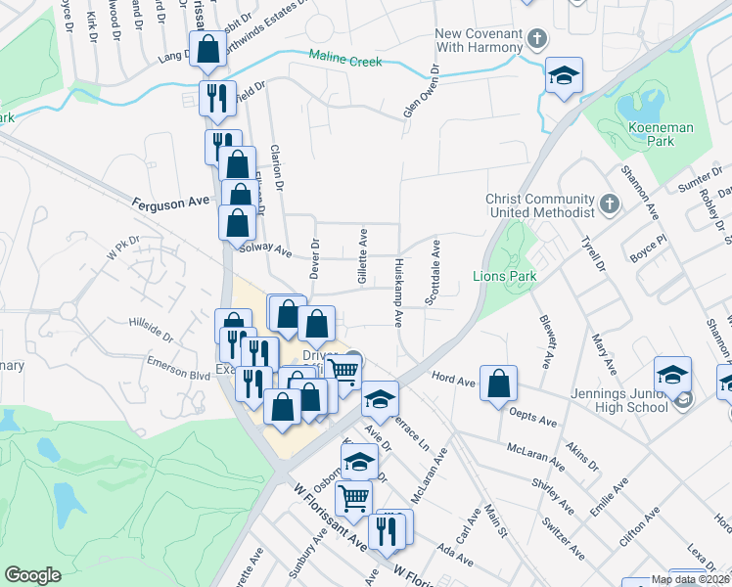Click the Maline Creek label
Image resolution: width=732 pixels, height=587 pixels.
(343, 61)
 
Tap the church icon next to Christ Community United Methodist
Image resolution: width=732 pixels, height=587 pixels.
(609, 204)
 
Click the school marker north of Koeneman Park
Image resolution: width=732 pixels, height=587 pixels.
(563, 76)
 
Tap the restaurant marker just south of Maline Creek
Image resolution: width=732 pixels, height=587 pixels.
(215, 97)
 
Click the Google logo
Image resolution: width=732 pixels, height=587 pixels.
(32, 575)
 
